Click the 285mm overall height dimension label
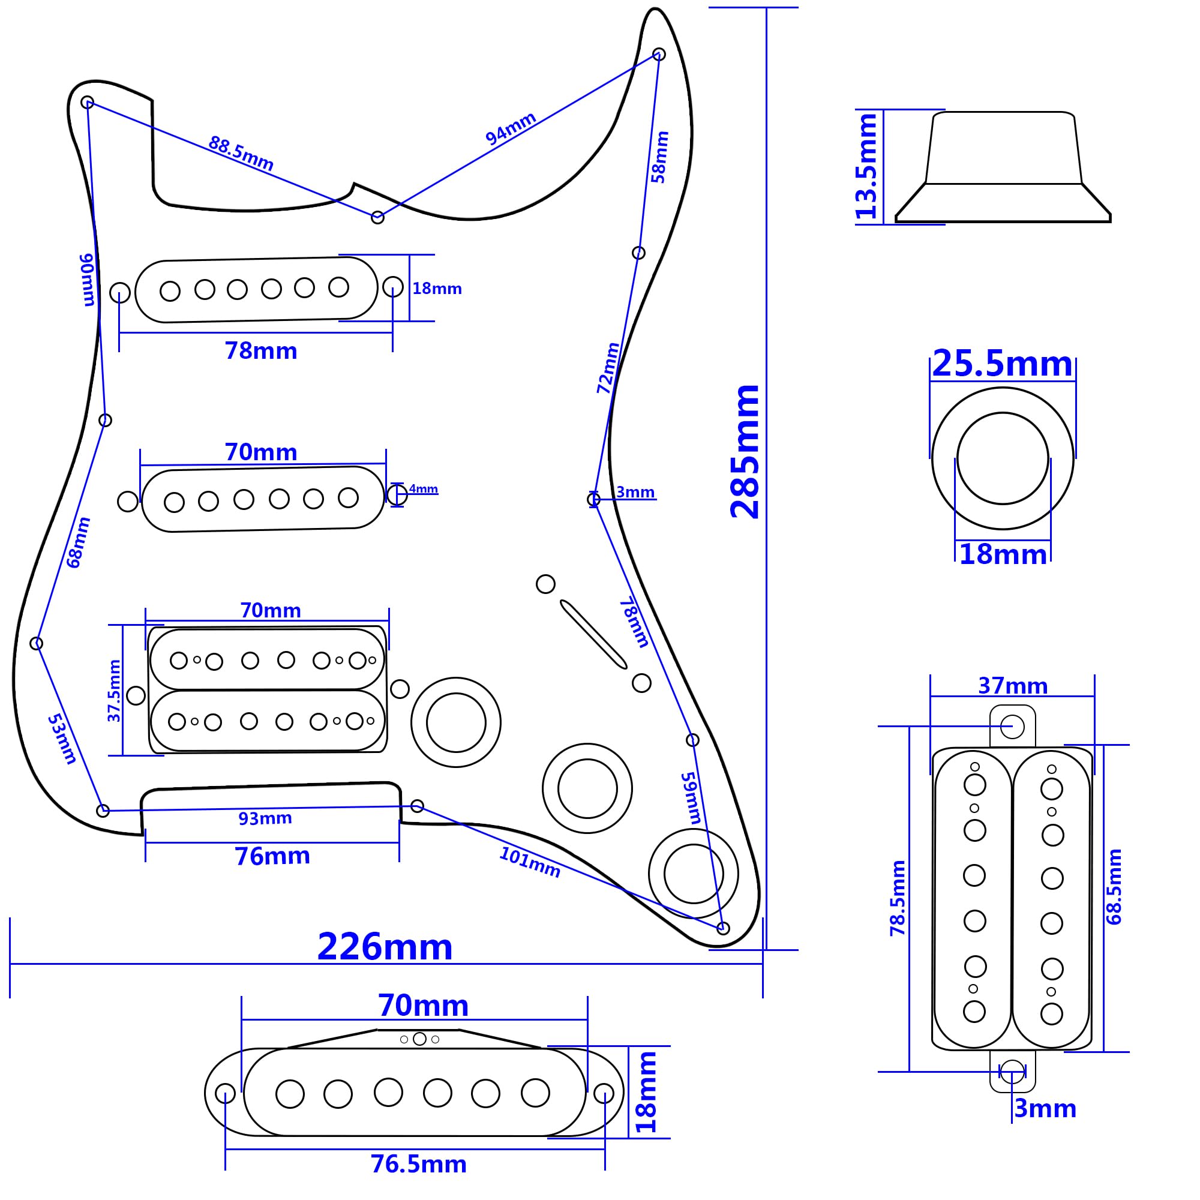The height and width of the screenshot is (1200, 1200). [x=745, y=452]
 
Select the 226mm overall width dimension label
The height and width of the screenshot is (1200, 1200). [x=385, y=947]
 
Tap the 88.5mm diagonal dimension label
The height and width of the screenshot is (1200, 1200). [x=241, y=154]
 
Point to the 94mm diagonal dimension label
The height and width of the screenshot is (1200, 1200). [x=511, y=128]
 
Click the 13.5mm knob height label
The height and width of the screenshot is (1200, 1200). [x=866, y=166]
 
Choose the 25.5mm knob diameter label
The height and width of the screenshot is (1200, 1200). [x=1002, y=364]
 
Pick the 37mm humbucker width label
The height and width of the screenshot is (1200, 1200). [x=1012, y=686]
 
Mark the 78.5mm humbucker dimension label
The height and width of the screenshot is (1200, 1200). [x=898, y=898]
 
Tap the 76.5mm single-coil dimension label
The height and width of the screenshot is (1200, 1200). [x=418, y=1164]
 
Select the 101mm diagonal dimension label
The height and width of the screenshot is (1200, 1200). [x=529, y=863]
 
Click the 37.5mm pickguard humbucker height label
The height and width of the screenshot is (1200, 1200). [x=114, y=691]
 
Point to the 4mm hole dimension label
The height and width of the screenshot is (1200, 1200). [x=424, y=489]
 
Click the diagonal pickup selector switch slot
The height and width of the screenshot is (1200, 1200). [x=593, y=634]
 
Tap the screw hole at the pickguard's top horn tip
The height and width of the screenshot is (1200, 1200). [x=659, y=55]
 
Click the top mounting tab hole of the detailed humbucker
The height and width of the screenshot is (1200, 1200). [x=1012, y=726]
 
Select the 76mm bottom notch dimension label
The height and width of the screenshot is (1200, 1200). [x=272, y=856]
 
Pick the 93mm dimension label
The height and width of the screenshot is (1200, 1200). [x=265, y=818]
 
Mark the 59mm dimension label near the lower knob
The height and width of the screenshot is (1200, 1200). [x=691, y=798]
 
